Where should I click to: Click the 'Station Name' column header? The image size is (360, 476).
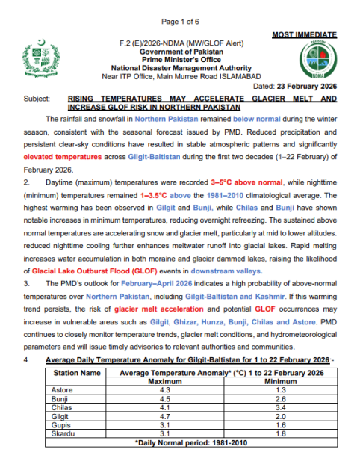coord(75,372)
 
